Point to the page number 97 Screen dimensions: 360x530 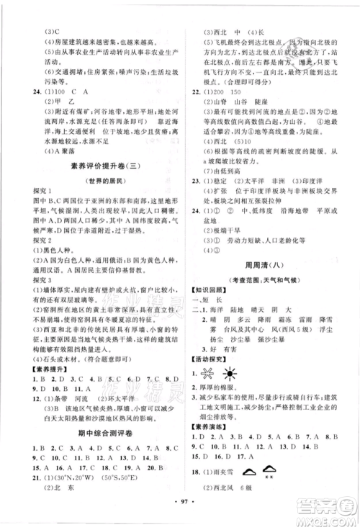[x=180, y=521]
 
